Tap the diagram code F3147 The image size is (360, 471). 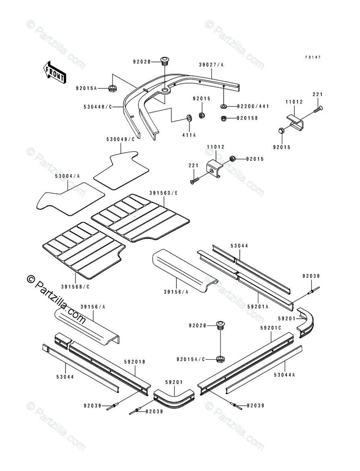click(313, 57)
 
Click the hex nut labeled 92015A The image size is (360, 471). click(112, 88)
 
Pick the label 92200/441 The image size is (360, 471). click(253, 106)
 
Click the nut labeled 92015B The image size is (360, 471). click(223, 118)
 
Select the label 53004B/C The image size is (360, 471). click(120, 139)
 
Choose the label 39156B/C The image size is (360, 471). click(75, 287)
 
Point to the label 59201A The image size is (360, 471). click(258, 307)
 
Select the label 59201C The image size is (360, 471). click(271, 328)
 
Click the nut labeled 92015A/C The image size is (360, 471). click(221, 359)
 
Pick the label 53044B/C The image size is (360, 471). click(98, 106)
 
